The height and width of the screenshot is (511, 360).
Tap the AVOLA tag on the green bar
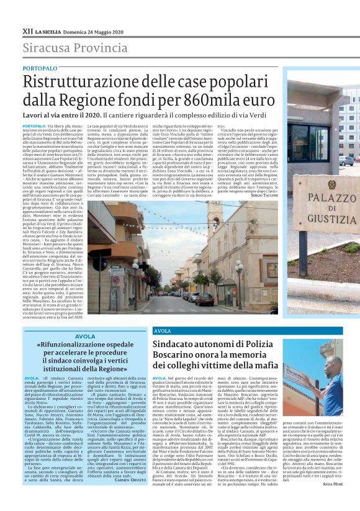point(163,331)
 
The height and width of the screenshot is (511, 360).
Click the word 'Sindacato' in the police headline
point(176,345)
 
